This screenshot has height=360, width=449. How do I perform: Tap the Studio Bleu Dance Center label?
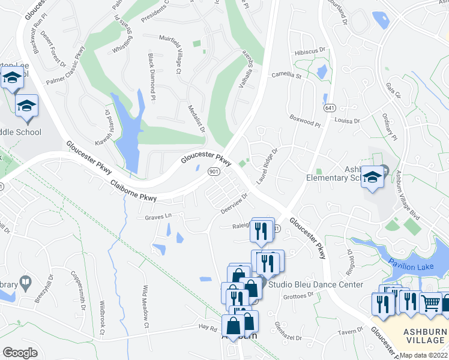(x=316, y=284)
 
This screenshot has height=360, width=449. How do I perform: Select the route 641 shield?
(x=327, y=98)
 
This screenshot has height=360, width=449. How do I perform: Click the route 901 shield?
(x=213, y=172)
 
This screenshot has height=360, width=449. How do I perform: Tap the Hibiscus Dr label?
(x=310, y=52)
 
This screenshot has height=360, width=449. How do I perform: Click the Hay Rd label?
(x=207, y=328)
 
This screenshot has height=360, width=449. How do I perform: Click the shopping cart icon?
(x=430, y=303)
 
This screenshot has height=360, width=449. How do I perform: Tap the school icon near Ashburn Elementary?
(x=373, y=178)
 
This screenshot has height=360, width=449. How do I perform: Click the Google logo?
(x=20, y=352)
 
